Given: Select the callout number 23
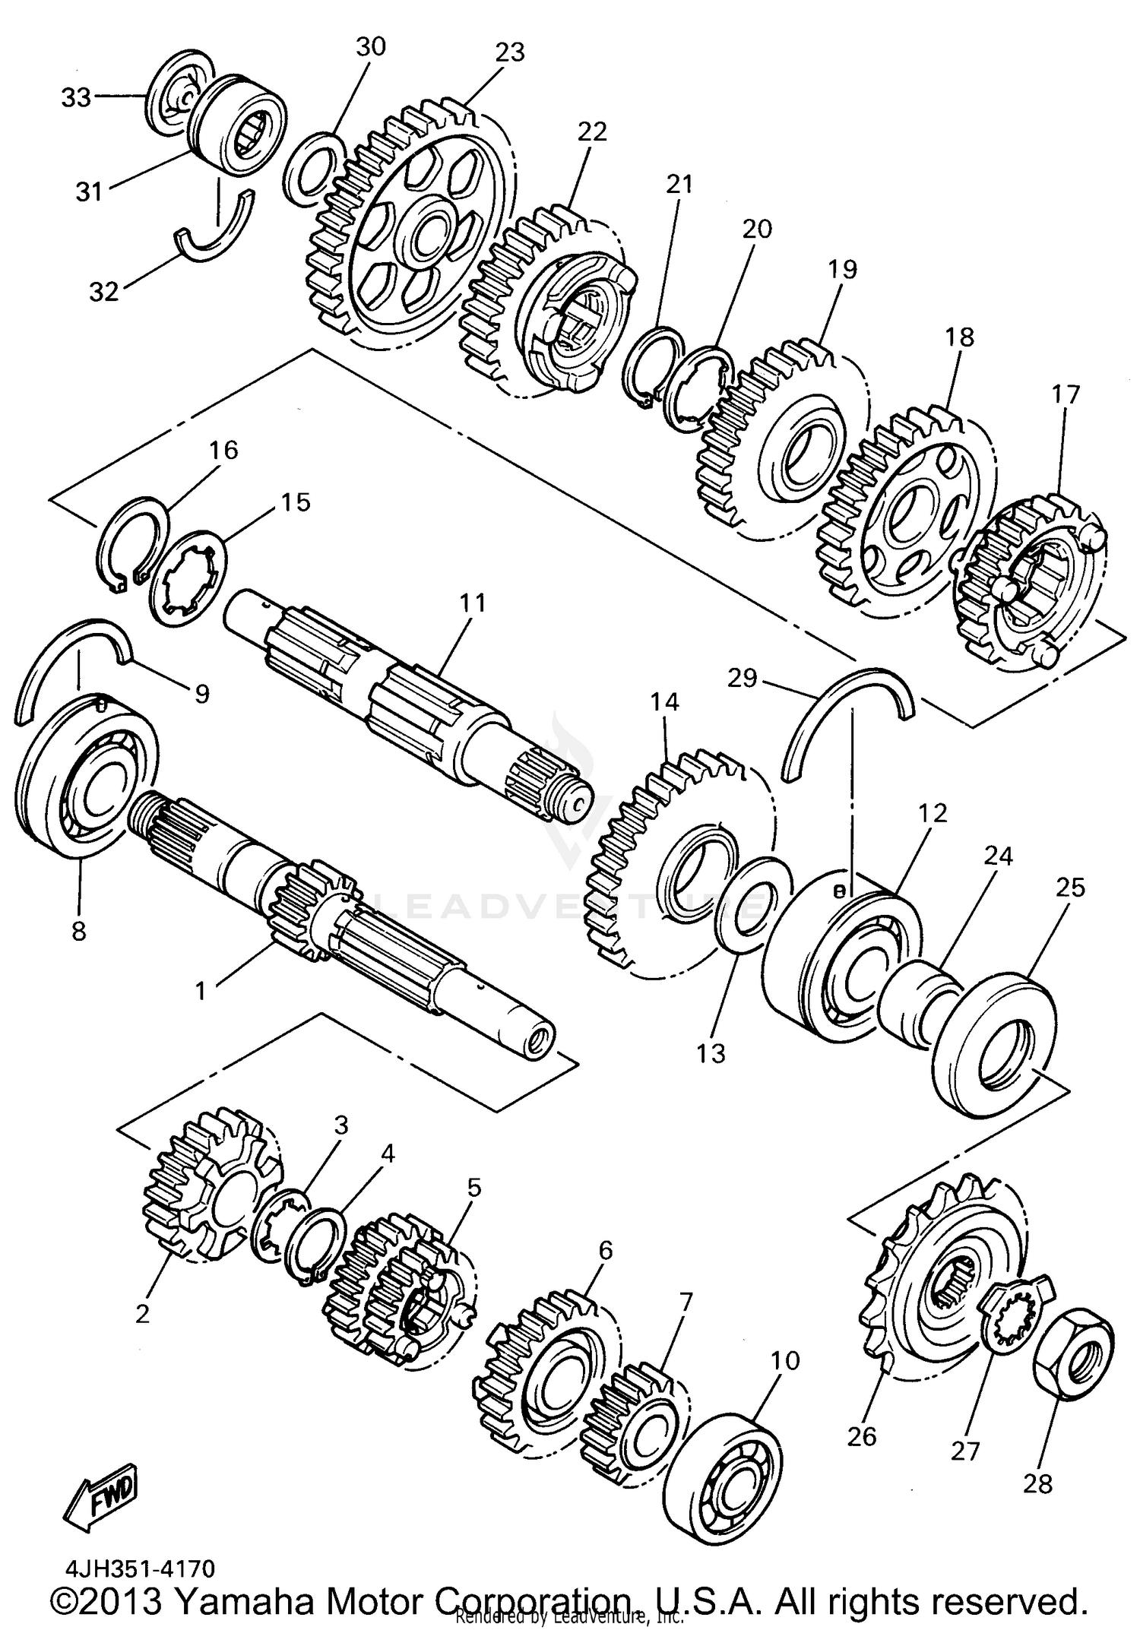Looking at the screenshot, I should [x=510, y=52].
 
